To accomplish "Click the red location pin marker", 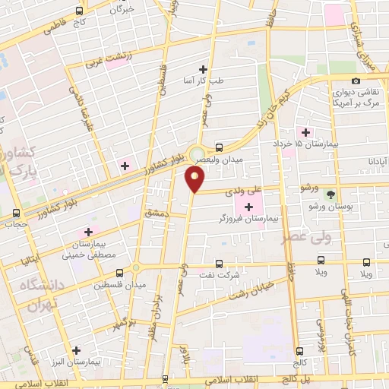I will pos(195,179).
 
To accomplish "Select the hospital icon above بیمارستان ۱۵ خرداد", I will pos(305,133).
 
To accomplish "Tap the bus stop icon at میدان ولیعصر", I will pos(219,148).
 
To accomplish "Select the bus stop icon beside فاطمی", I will pos(81,12).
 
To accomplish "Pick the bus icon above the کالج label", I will pos(299,350).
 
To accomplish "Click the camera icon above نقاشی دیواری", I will pos(356,81).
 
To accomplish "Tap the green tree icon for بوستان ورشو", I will pos(330,194).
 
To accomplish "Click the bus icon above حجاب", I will pos(17,213).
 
